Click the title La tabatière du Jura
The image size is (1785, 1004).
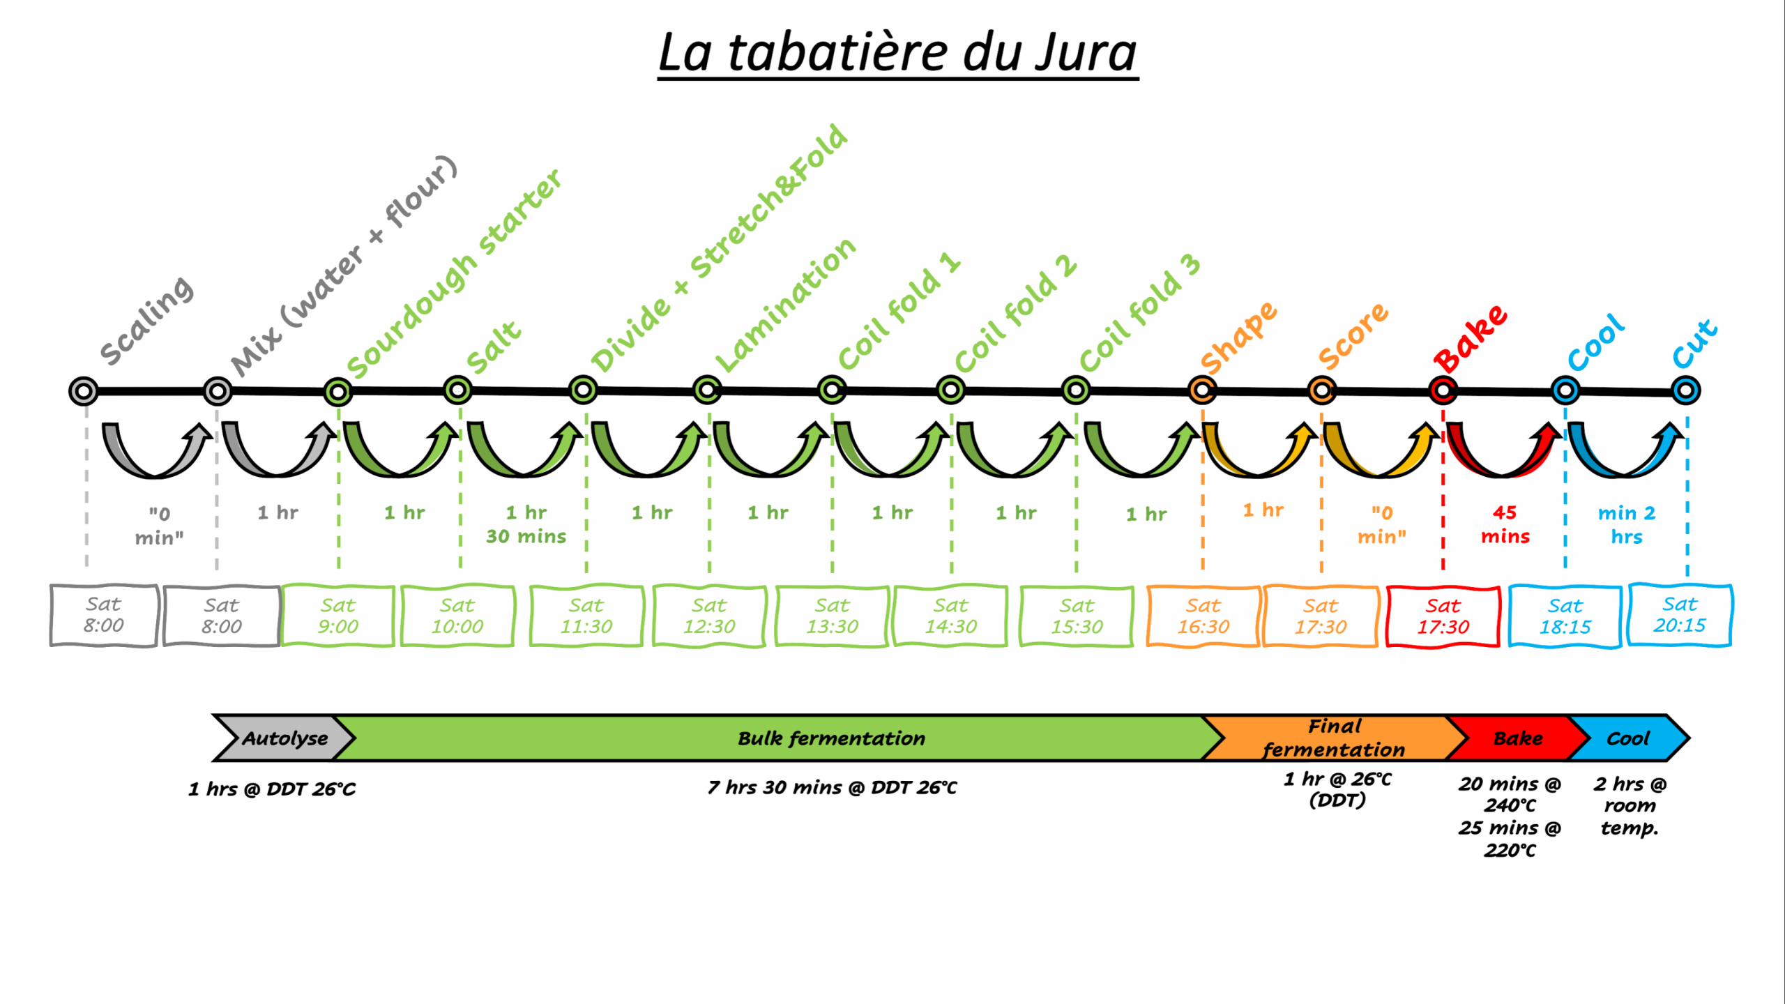[x=897, y=53]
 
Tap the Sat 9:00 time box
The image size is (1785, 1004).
[x=338, y=616]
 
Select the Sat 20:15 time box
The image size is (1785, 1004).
[x=1680, y=615]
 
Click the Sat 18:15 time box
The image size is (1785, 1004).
[x=1565, y=617]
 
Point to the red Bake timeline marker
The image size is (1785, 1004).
[x=1443, y=390]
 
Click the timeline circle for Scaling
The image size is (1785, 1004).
[x=84, y=391]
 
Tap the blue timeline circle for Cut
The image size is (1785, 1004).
[x=1685, y=390]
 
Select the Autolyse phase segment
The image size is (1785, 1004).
[x=282, y=738]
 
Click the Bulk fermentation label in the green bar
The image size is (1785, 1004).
[x=831, y=738]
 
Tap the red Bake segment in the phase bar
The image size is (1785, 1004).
[x=1517, y=738]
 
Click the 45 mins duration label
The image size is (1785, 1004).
[x=1505, y=524]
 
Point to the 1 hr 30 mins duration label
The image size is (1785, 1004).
[x=526, y=524]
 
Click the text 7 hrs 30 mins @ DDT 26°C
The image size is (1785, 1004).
[x=832, y=788]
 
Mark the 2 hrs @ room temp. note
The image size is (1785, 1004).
[x=1630, y=806]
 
